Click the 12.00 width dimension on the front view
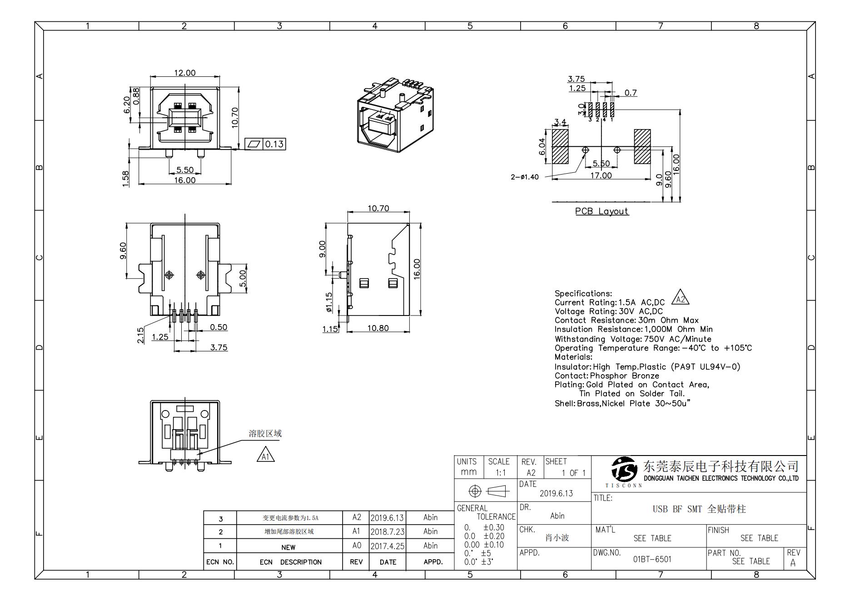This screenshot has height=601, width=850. click(184, 73)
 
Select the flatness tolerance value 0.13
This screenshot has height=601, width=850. click(274, 144)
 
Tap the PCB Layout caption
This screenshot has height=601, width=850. click(601, 211)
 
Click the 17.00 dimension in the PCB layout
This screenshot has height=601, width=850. click(601, 175)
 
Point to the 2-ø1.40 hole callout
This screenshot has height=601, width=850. click(525, 177)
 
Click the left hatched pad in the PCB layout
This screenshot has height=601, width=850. click(560, 146)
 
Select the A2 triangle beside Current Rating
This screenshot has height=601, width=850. click(680, 298)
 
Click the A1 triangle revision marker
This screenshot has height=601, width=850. click(266, 455)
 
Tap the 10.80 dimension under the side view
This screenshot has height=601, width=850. click(378, 328)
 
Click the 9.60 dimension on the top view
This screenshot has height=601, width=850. click(123, 251)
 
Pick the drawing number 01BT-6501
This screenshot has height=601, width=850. click(652, 559)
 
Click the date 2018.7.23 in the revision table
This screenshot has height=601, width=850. click(387, 531)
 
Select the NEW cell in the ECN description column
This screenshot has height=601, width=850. click(288, 547)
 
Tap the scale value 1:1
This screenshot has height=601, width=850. click(500, 472)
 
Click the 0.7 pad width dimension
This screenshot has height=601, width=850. click(630, 93)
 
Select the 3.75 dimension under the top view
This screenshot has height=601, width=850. click(219, 347)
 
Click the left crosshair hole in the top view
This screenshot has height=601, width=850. click(169, 275)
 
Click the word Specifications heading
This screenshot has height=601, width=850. click(583, 293)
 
